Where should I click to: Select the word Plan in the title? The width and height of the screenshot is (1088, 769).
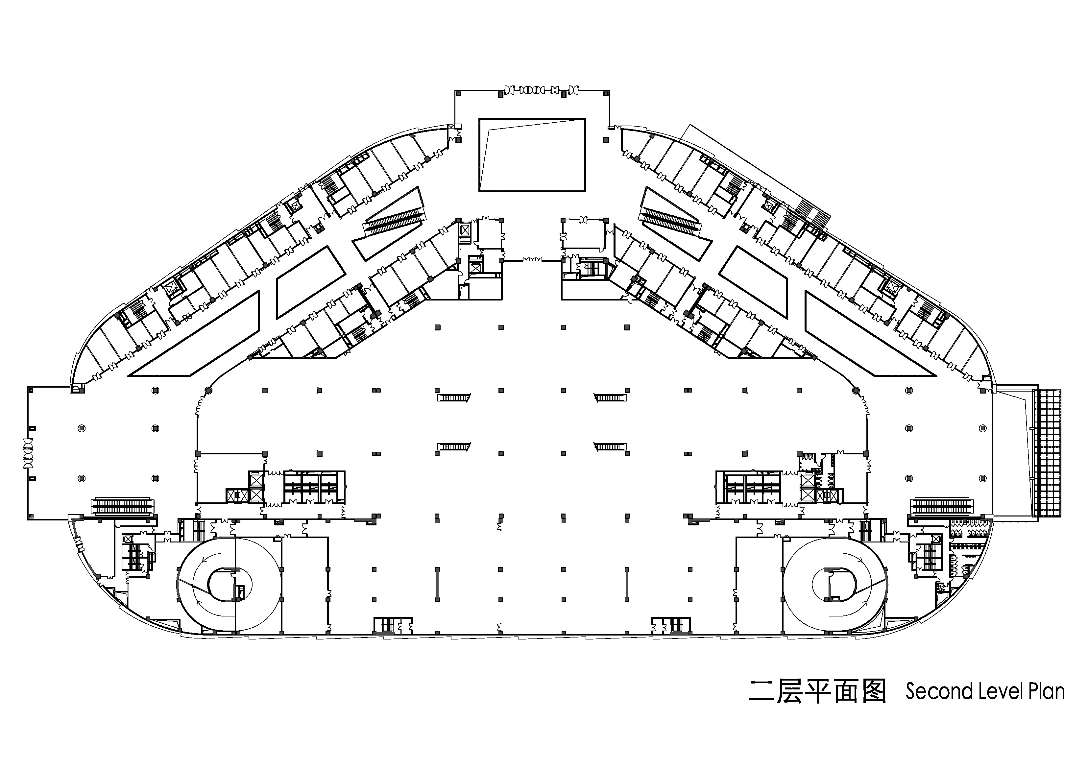pyautogui.click(x=1046, y=691)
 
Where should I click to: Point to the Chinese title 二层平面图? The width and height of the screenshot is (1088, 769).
pyautogui.click(x=817, y=691)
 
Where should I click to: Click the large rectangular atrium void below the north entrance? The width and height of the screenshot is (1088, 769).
pyautogui.click(x=532, y=155)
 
